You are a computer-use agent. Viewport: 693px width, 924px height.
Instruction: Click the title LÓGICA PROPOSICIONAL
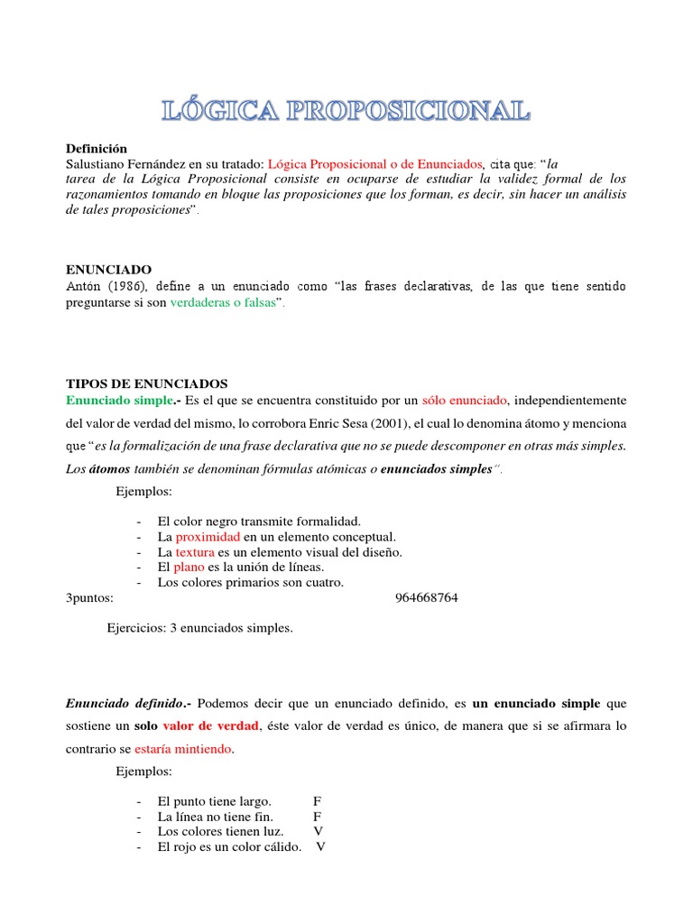pos(346,111)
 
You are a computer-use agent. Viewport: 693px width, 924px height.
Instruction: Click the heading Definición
pos(97,148)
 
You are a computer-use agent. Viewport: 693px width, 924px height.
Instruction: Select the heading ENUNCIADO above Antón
pos(108,270)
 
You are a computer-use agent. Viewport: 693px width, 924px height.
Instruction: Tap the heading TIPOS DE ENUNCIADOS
pos(147,383)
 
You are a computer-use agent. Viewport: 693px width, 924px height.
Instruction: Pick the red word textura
pos(196,552)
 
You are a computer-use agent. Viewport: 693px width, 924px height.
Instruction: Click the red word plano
pos(189,567)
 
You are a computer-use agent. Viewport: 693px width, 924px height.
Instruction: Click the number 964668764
pos(427,597)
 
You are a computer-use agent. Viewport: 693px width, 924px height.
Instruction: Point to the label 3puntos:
pos(92,597)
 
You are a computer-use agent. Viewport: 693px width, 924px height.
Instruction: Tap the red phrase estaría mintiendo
pos(182,749)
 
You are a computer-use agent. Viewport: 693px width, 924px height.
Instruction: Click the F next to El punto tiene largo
pos(317,800)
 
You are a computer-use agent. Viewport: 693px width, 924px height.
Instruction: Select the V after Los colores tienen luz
pos(318,831)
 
